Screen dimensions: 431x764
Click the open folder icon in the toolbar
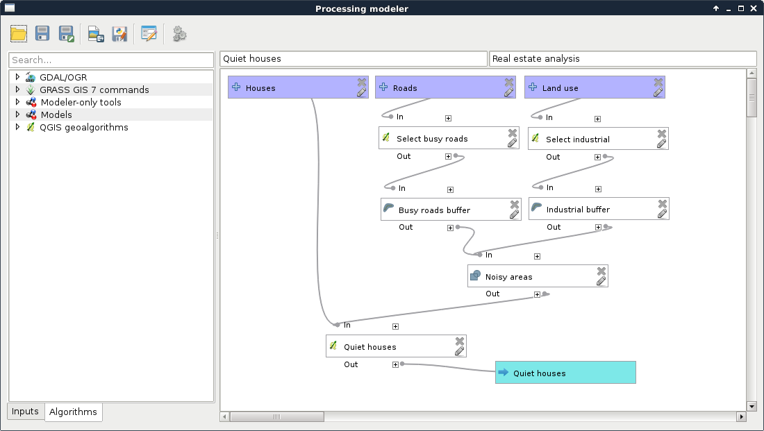19,33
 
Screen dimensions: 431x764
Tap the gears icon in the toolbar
180,33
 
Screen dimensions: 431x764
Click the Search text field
111,60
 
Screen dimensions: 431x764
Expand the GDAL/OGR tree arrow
17,77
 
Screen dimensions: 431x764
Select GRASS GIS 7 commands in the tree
94,90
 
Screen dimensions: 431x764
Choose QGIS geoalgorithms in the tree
83,127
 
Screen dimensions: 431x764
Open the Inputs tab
25,412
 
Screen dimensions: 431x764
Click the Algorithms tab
73,412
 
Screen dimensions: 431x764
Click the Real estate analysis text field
622,59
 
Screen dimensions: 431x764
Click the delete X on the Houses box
362,82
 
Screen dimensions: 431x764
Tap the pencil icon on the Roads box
509,92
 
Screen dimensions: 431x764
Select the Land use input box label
560,88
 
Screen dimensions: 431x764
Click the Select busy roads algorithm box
432,139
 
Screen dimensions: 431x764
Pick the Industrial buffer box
578,210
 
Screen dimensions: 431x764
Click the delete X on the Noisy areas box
601,271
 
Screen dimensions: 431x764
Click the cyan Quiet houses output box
565,373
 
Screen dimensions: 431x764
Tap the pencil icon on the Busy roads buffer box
514,214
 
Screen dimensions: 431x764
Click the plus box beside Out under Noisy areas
537,294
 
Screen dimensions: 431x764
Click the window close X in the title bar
754,8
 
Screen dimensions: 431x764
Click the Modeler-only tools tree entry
81,102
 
